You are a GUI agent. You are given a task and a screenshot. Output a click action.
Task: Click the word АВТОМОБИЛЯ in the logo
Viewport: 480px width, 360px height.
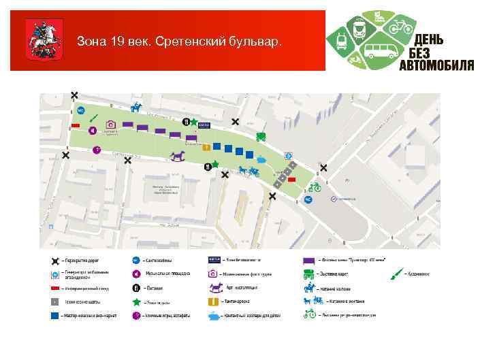tap(436, 65)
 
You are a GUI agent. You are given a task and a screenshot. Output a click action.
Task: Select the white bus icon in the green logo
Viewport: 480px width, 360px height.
tap(381, 50)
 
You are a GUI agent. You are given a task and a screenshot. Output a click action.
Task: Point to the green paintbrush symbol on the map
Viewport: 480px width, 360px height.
tap(94, 120)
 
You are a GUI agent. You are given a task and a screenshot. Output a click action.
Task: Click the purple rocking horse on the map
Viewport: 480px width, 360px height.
tap(178, 157)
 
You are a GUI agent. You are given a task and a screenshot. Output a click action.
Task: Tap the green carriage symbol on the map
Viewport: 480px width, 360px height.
tap(260, 136)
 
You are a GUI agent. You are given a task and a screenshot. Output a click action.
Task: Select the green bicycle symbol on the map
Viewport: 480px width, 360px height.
tap(314, 187)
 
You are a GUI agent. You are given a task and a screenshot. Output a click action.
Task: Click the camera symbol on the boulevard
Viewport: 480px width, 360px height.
tap(110, 125)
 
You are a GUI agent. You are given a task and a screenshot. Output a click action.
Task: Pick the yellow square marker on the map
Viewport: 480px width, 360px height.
tap(206, 147)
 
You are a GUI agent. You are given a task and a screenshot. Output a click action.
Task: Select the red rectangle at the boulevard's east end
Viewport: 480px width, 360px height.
tap(291, 180)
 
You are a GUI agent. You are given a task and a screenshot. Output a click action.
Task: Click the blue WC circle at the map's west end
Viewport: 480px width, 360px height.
tap(80, 110)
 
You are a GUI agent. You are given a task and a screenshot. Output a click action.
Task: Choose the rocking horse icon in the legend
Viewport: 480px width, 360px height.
tap(215, 288)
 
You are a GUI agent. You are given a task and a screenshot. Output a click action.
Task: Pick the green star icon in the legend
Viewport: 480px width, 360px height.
tap(136, 301)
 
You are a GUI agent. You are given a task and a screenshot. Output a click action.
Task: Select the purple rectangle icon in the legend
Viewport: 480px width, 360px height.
tap(308, 261)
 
